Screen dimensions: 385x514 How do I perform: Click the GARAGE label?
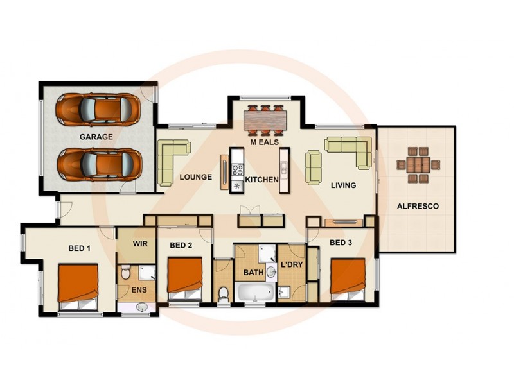[96, 137]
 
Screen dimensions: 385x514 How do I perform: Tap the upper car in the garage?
[98, 109]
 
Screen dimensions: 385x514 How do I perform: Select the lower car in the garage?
[98, 164]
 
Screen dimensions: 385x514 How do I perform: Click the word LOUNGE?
[196, 177]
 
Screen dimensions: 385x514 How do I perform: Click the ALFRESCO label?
[418, 207]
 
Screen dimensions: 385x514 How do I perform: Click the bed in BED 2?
[185, 277]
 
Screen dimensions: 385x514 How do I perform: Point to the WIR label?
[141, 244]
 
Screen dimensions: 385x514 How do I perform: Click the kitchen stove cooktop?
[237, 170]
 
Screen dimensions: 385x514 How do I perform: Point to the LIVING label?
[343, 185]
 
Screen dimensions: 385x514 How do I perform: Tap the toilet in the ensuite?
[126, 272]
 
